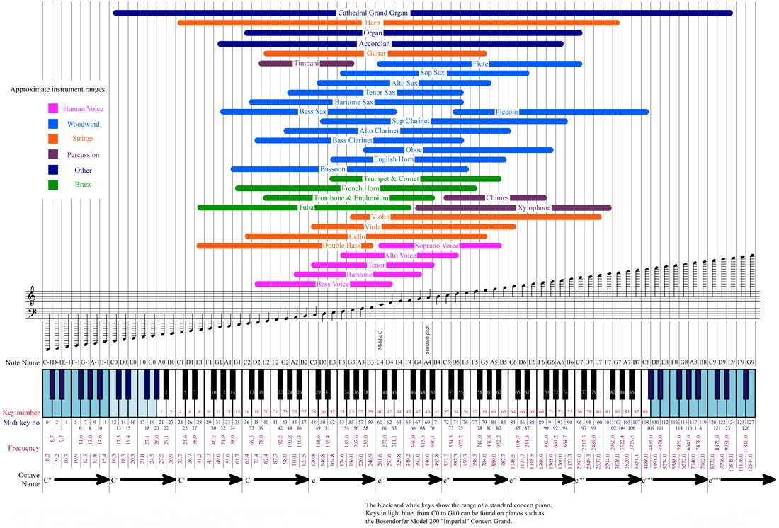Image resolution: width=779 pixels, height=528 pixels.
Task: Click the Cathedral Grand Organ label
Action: click(x=373, y=13)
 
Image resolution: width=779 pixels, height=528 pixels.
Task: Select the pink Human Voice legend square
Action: click(x=52, y=109)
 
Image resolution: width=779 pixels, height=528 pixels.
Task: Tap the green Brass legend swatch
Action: click(x=52, y=185)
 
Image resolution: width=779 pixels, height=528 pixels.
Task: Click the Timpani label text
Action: click(x=307, y=64)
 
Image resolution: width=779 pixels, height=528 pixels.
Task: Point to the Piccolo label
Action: click(x=507, y=112)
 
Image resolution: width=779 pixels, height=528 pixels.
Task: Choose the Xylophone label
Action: click(x=534, y=208)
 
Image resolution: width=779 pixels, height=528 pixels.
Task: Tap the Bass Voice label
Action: click(x=333, y=285)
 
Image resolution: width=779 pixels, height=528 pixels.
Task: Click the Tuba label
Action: click(x=307, y=208)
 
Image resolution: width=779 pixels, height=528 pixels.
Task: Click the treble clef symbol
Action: click(x=31, y=294)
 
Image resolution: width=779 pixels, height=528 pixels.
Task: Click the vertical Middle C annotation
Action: click(x=380, y=342)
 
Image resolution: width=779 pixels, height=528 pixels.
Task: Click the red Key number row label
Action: click(x=19, y=411)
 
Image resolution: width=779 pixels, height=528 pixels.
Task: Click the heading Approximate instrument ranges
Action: click(x=58, y=90)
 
